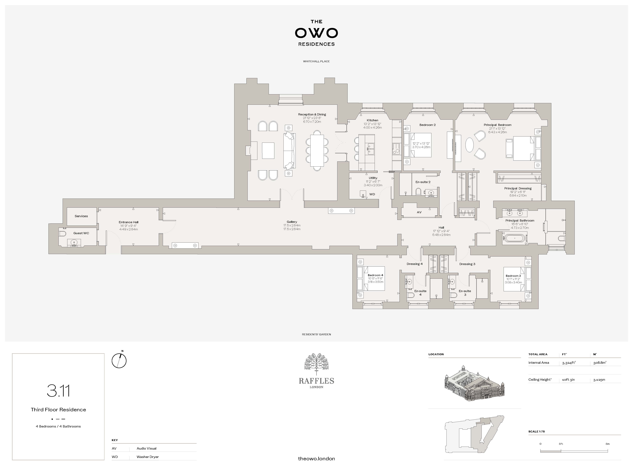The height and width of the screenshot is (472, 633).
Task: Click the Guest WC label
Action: click(x=81, y=233)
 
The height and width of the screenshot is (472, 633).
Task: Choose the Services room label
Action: click(x=81, y=216)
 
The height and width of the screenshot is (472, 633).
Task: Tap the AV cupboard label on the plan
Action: click(x=419, y=212)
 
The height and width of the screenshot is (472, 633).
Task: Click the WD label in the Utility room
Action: click(x=372, y=194)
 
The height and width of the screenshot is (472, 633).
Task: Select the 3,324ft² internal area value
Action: click(x=569, y=363)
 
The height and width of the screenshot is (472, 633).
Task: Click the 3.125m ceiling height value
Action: click(x=599, y=380)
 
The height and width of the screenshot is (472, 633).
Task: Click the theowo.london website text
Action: click(x=316, y=459)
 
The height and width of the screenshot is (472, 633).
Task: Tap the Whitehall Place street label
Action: click(x=316, y=61)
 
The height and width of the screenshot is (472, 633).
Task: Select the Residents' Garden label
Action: click(x=316, y=334)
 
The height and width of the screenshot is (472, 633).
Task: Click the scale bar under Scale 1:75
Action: click(x=574, y=451)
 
